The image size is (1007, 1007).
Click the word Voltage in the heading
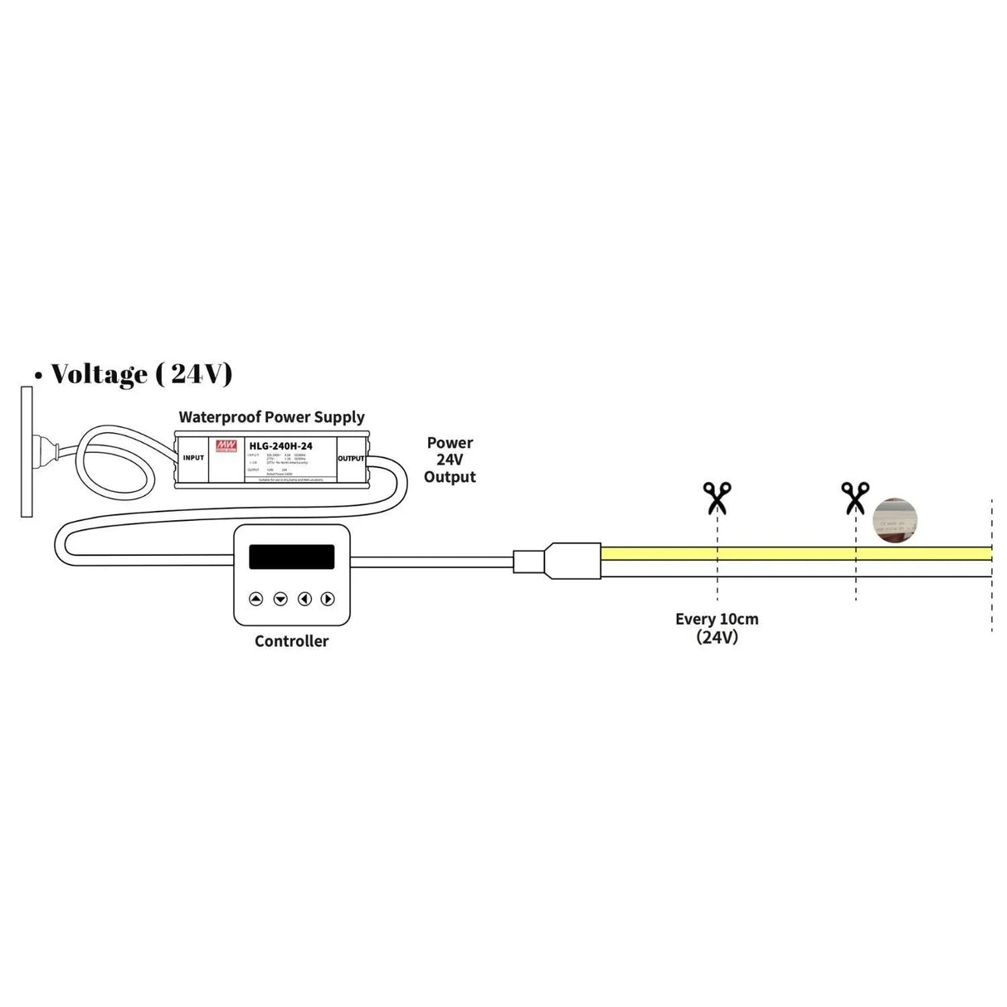[99, 374]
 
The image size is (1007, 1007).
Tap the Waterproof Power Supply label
[271, 417]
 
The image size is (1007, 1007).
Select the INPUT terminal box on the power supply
[193, 458]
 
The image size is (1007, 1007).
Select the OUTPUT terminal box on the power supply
[351, 458]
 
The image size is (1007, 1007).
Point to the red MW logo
[224, 446]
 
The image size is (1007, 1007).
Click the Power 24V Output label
[450, 460]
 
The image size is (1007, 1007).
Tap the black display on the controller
[291, 557]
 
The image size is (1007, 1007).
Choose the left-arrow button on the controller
[304, 599]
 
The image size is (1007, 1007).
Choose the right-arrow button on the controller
[328, 599]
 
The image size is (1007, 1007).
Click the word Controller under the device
[291, 641]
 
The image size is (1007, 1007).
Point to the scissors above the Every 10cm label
[717, 499]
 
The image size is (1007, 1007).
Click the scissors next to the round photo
[854, 499]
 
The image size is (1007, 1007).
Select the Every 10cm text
[717, 619]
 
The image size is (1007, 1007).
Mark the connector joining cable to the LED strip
[557, 562]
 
